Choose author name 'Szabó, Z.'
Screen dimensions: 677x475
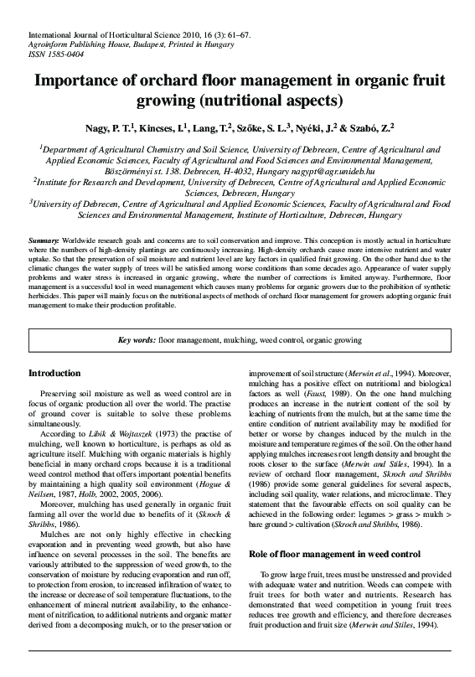pos(373,129)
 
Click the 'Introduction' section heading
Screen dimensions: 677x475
pos(54,373)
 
